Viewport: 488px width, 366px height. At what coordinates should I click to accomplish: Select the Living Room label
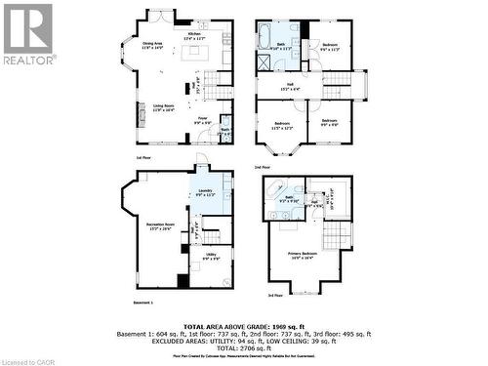pyautogui.click(x=163, y=107)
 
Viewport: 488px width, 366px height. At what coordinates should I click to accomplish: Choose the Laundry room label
pyautogui.click(x=204, y=192)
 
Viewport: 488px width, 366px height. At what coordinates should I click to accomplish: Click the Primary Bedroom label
pyautogui.click(x=302, y=256)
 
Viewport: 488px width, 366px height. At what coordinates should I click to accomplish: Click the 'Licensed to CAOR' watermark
pyautogui.click(x=28, y=359)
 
